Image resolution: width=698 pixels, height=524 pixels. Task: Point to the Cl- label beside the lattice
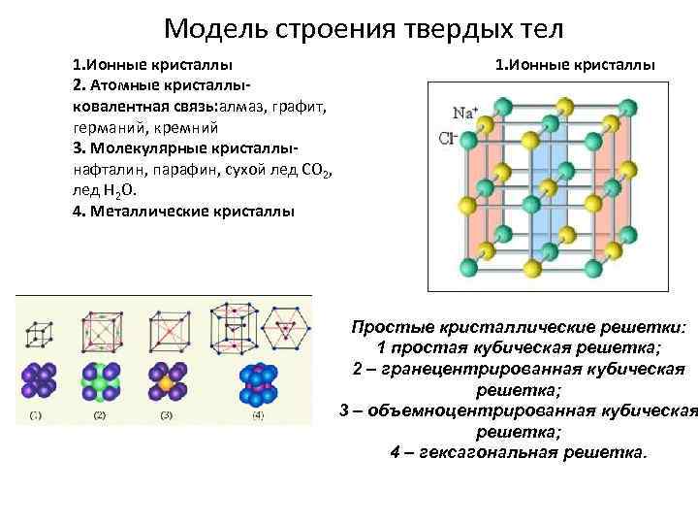(448, 138)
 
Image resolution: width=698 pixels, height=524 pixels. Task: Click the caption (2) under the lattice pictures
(99, 415)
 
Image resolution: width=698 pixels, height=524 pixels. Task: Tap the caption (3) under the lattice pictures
(165, 415)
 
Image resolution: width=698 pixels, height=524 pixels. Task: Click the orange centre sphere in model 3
(167, 383)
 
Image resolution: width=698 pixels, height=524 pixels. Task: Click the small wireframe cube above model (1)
(38, 334)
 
